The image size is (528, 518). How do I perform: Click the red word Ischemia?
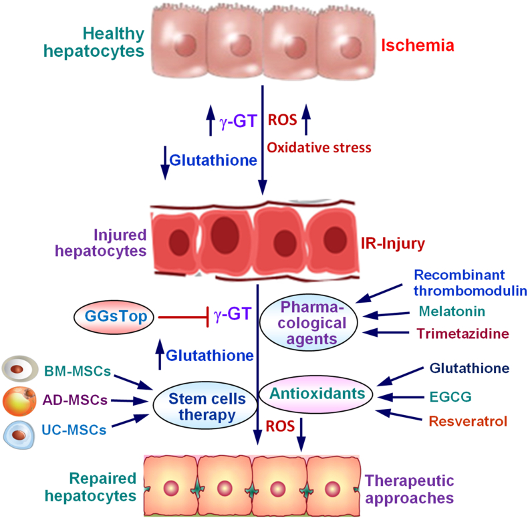click(418, 46)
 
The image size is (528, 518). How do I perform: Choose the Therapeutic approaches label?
click(409, 489)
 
